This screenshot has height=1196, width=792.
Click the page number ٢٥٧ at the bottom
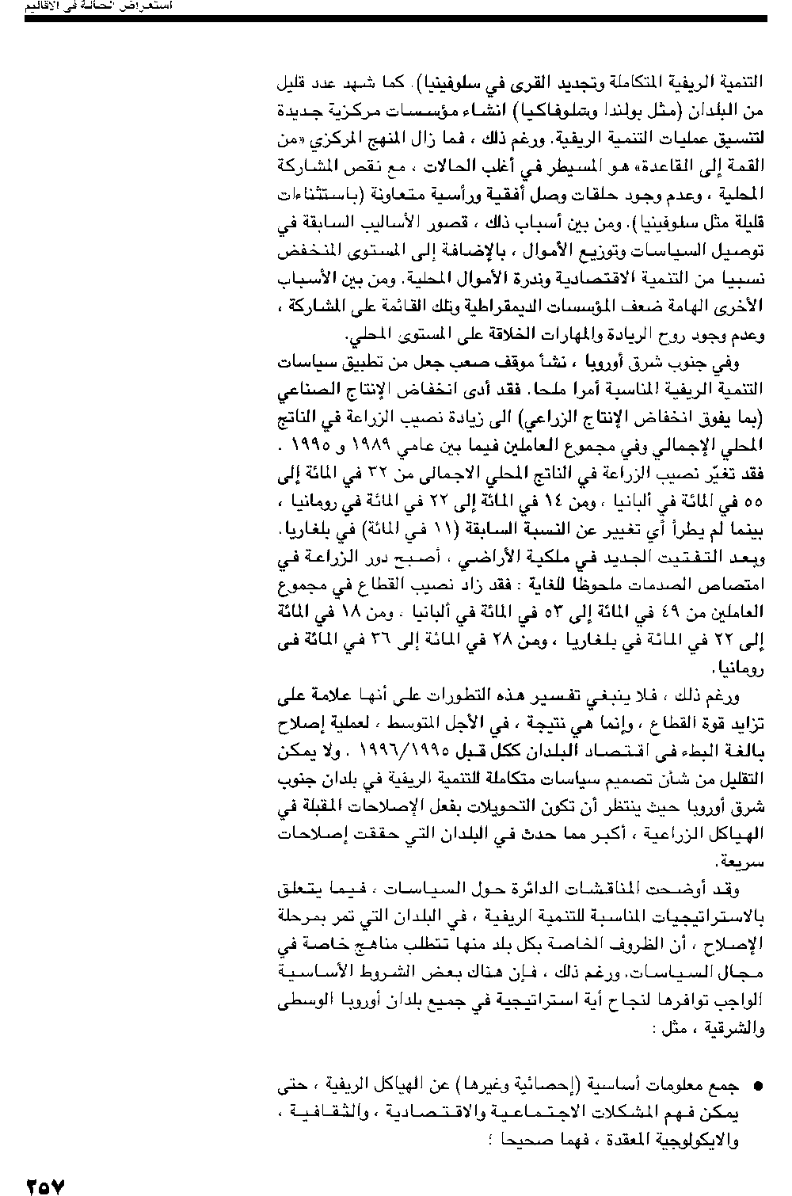45,1185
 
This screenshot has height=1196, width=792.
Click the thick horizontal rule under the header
396,17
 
